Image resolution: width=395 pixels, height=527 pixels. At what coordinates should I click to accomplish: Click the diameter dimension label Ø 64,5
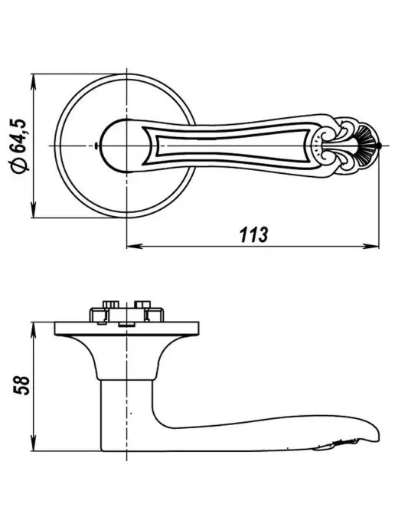pos(19,146)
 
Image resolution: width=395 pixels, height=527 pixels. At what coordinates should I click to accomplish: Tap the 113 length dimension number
pos(254,234)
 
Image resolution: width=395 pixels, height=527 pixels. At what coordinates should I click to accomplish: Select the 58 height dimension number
pos(21,385)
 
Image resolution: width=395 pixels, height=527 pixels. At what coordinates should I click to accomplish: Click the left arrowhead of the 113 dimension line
pos(135,246)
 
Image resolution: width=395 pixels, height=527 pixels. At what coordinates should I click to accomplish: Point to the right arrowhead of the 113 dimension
pos(371,246)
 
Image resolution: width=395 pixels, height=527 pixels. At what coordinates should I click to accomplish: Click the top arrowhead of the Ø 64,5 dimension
pos(33,82)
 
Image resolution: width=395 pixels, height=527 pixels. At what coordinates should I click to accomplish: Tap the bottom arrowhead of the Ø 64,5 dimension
pos(33,209)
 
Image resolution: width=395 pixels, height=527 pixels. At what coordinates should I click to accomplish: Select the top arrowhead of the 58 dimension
pos(33,330)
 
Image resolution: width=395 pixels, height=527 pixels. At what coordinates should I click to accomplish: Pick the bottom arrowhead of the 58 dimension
pos(33,443)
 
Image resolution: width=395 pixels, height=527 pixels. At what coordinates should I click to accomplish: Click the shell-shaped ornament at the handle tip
pos(367,146)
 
